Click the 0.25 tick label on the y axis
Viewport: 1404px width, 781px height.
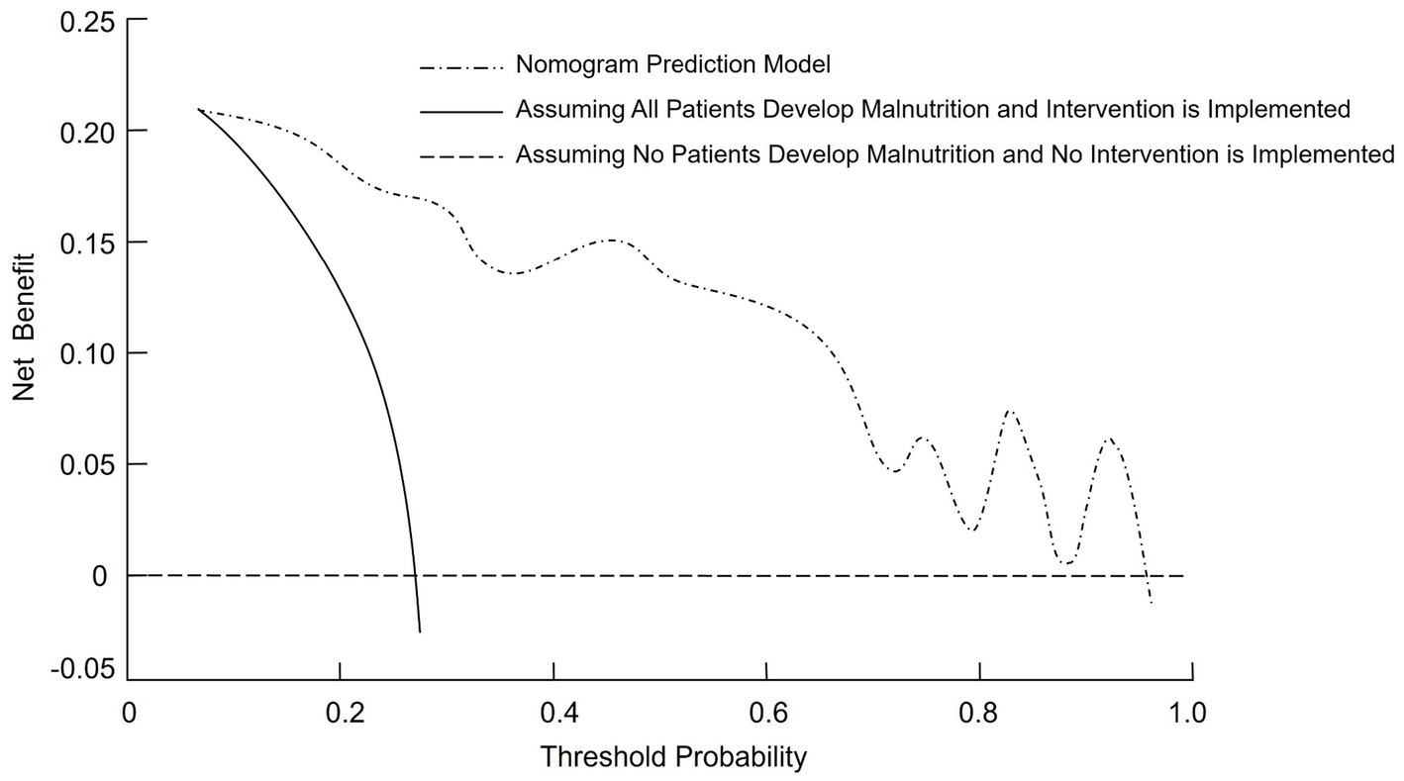pyautogui.click(x=88, y=21)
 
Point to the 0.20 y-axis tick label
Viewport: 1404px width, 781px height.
pyautogui.click(x=88, y=131)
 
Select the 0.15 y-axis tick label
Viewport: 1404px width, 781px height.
pyautogui.click(x=88, y=243)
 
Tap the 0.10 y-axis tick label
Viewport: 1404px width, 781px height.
pyautogui.click(x=88, y=353)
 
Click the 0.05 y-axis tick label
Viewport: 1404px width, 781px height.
pyautogui.click(x=88, y=464)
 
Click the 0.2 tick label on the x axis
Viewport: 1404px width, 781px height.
pyautogui.click(x=340, y=714)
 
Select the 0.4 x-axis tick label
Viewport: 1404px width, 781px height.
pyautogui.click(x=553, y=714)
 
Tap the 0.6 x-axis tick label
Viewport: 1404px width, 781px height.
pyautogui.click(x=766, y=714)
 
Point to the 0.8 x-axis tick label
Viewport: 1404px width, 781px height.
pyautogui.click(x=979, y=714)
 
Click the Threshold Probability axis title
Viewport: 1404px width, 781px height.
pyautogui.click(x=673, y=758)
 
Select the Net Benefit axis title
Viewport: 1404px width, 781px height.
pyautogui.click(x=24, y=327)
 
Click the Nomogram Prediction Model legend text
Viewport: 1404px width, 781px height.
pyautogui.click(x=672, y=66)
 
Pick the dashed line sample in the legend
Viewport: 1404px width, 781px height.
pyautogui.click(x=460, y=156)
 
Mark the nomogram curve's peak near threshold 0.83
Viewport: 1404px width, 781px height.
pyautogui.click(x=1010, y=410)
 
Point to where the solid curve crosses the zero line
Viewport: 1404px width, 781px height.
pyautogui.click(x=415, y=575)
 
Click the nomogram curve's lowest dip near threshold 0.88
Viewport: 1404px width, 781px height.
pyautogui.click(x=1065, y=563)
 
